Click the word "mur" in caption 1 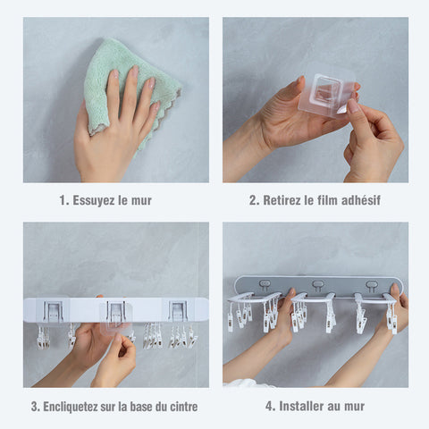[141, 201]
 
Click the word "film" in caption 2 [327, 200]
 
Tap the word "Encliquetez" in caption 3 [70, 407]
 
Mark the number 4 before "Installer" [269, 407]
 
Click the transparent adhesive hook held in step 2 [325, 96]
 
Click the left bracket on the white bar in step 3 [53, 311]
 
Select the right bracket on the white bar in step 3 [178, 311]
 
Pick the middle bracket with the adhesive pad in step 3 [116, 312]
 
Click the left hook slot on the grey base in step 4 [265, 285]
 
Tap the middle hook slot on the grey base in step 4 [317, 285]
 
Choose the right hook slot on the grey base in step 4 [372, 285]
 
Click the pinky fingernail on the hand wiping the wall [156, 106]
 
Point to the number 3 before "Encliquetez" [35, 407]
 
